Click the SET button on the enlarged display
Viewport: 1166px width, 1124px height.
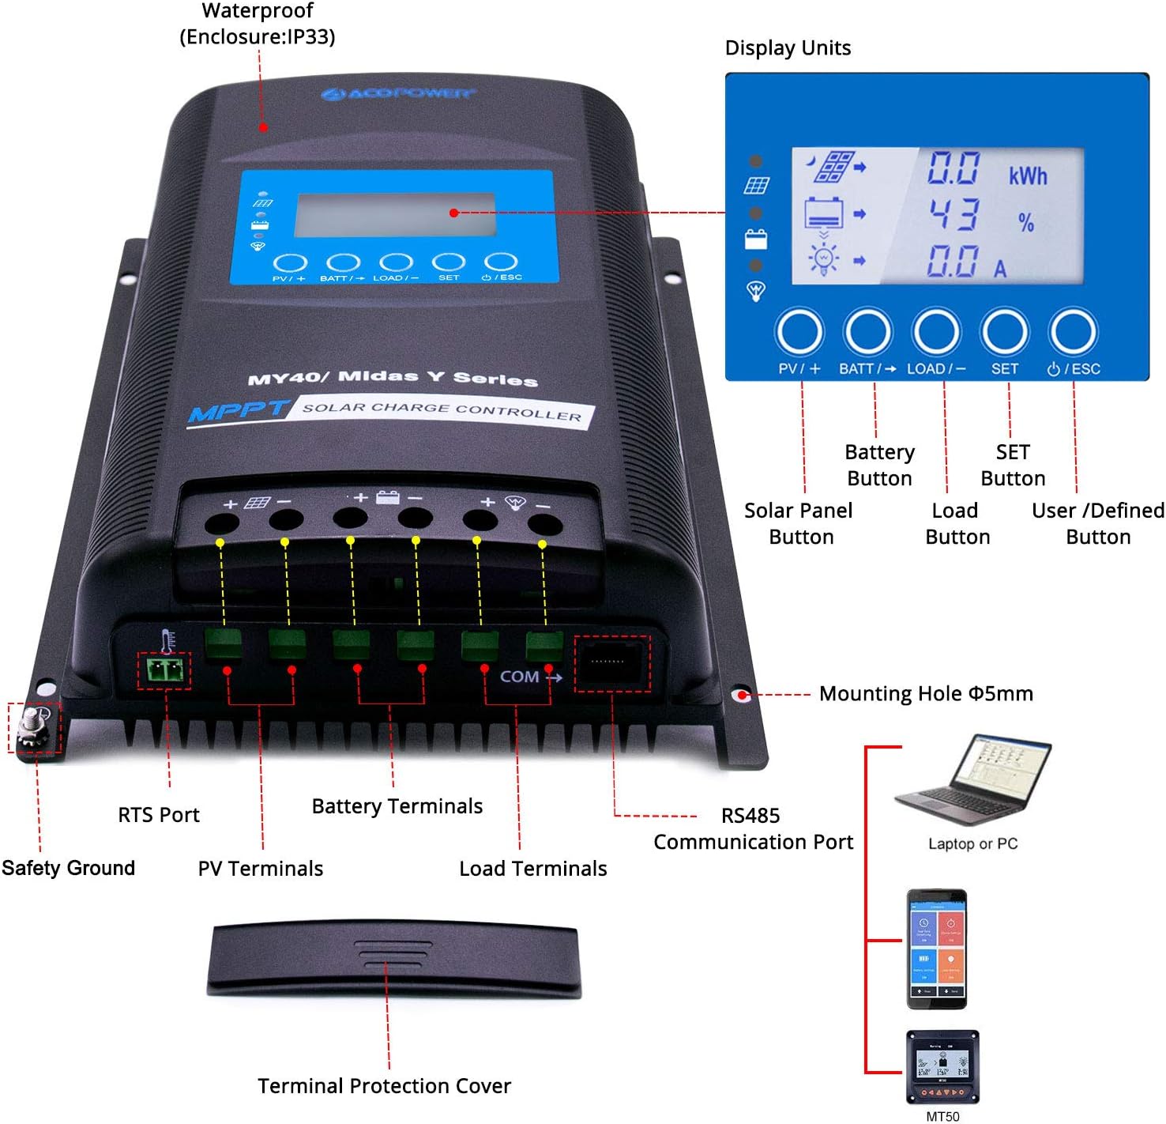click(x=1004, y=332)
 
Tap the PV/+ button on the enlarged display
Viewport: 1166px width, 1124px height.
click(x=799, y=332)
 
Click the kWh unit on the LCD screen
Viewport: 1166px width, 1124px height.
click(x=1028, y=175)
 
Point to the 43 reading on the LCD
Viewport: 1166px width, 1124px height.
click(x=953, y=214)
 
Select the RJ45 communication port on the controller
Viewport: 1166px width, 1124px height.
click(x=612, y=662)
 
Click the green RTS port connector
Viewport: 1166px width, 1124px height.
click(x=164, y=671)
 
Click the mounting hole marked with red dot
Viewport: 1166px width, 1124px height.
click(x=741, y=695)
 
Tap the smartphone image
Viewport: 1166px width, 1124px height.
click(x=937, y=949)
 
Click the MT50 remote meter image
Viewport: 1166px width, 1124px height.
click(x=942, y=1066)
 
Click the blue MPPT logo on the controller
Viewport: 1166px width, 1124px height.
click(x=237, y=412)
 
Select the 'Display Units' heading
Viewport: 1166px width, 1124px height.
click(x=788, y=48)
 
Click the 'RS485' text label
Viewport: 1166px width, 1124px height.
click(x=750, y=816)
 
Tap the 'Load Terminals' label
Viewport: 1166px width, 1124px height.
click(x=533, y=869)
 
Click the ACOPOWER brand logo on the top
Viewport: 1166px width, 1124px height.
click(x=399, y=94)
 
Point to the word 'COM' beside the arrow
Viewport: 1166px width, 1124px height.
click(x=519, y=677)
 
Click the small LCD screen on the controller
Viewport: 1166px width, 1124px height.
click(x=395, y=214)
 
